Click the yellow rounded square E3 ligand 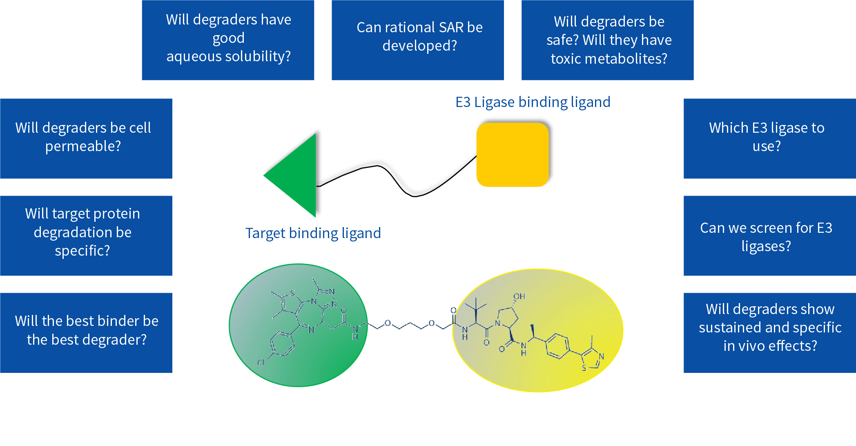tap(513, 155)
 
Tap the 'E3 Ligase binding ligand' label tap(533, 102)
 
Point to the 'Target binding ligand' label tap(313, 233)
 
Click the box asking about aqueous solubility tap(228, 40)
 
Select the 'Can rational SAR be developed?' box tap(418, 40)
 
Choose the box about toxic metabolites tap(608, 40)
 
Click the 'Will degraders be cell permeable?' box tap(86, 138)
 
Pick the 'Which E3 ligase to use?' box tap(770, 138)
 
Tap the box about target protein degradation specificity tap(86, 236)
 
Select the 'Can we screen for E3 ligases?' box tap(770, 236)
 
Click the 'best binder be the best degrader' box tap(86, 333)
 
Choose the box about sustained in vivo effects tap(770, 333)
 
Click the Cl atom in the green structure tap(261, 362)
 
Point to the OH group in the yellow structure tap(519, 297)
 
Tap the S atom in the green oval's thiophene tap(292, 293)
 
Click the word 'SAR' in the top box tap(451, 27)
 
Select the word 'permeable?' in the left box tap(83, 146)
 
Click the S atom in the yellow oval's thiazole tap(584, 368)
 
